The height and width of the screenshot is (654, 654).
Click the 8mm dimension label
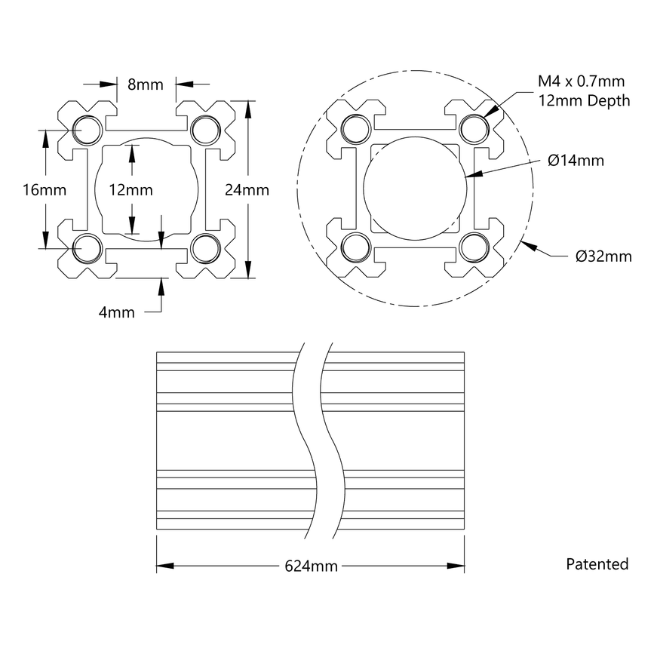(146, 84)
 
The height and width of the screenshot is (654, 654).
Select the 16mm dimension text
(23, 190)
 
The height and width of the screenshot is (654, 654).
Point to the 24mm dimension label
(247, 190)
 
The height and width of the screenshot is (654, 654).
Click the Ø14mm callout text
(576, 160)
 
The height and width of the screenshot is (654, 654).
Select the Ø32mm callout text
(603, 256)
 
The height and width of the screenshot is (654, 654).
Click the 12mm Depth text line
(582, 100)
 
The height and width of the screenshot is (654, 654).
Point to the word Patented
(597, 563)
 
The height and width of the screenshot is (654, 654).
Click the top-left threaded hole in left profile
(88, 129)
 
